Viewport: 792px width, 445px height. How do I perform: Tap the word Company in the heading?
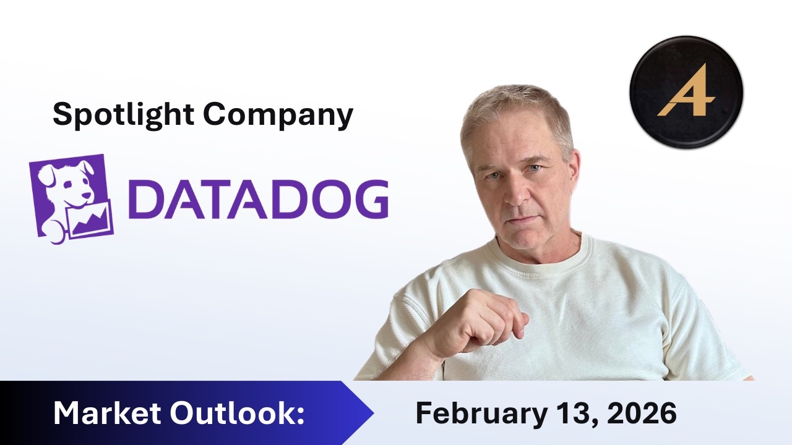point(278,114)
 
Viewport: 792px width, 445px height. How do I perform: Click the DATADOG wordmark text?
point(259,198)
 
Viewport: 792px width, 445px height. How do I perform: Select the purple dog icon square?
point(71,198)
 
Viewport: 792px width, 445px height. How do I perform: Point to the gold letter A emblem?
point(686,93)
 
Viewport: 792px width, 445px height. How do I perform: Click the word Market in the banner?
point(105,413)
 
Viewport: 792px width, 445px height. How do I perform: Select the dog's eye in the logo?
point(62,179)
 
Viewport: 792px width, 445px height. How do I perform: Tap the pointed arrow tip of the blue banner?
point(371,412)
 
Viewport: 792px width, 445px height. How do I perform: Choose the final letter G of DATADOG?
point(369,198)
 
